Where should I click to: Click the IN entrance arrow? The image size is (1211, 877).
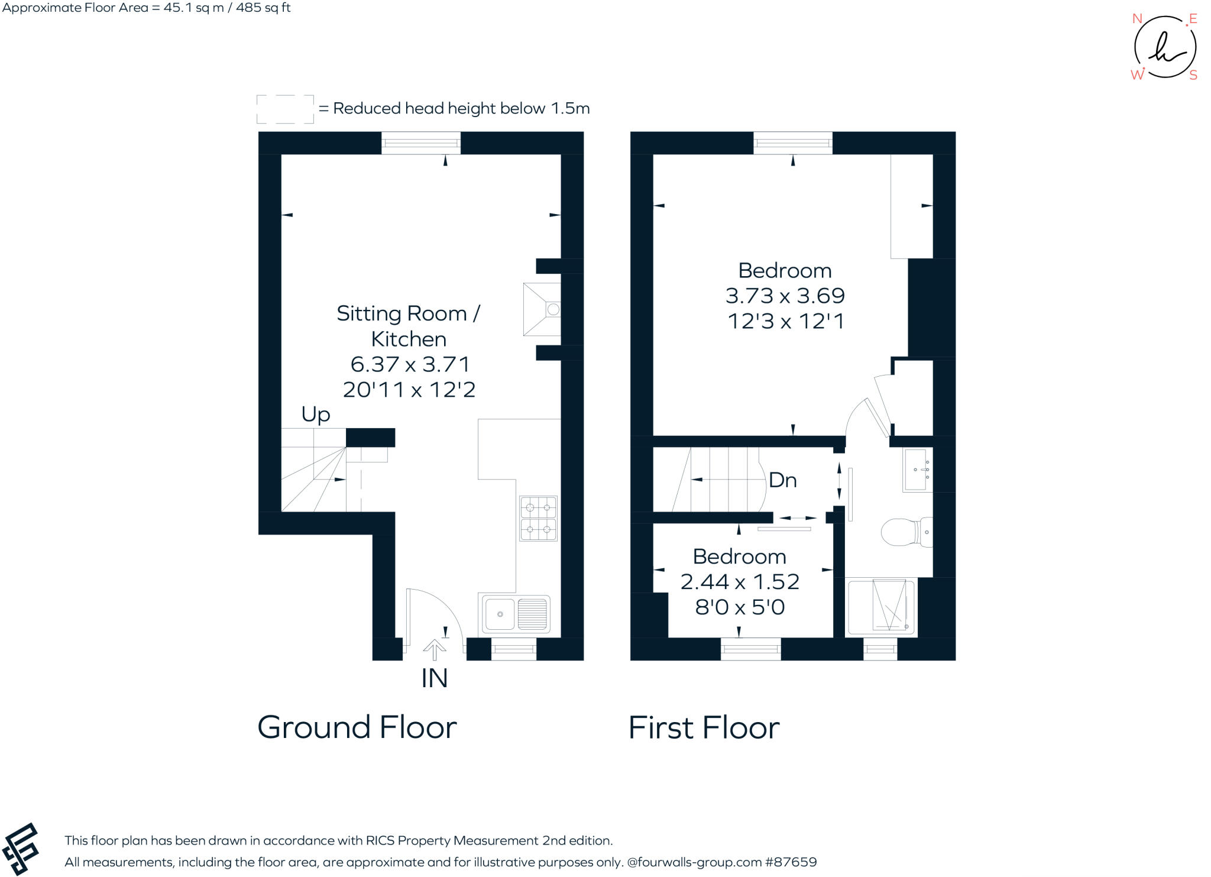coord(435,651)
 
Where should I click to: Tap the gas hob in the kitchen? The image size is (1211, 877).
coord(538,519)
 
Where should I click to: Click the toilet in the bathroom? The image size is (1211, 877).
coord(905,532)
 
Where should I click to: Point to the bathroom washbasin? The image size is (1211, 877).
coord(917,470)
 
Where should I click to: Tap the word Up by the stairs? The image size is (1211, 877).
coord(315,414)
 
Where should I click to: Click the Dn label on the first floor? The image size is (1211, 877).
coord(782,480)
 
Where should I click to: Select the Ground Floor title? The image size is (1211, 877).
coord(357,727)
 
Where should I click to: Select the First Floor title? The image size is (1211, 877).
coord(704,727)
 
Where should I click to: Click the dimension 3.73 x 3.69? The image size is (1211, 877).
coord(785,296)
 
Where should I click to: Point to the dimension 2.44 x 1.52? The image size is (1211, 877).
coord(740,582)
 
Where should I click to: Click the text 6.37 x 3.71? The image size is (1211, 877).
coord(410,364)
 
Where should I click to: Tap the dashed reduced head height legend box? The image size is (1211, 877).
coord(285,109)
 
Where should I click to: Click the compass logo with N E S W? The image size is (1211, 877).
coord(1164,47)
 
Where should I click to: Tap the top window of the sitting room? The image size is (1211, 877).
coord(421,143)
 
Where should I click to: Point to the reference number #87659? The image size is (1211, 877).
coord(791,862)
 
